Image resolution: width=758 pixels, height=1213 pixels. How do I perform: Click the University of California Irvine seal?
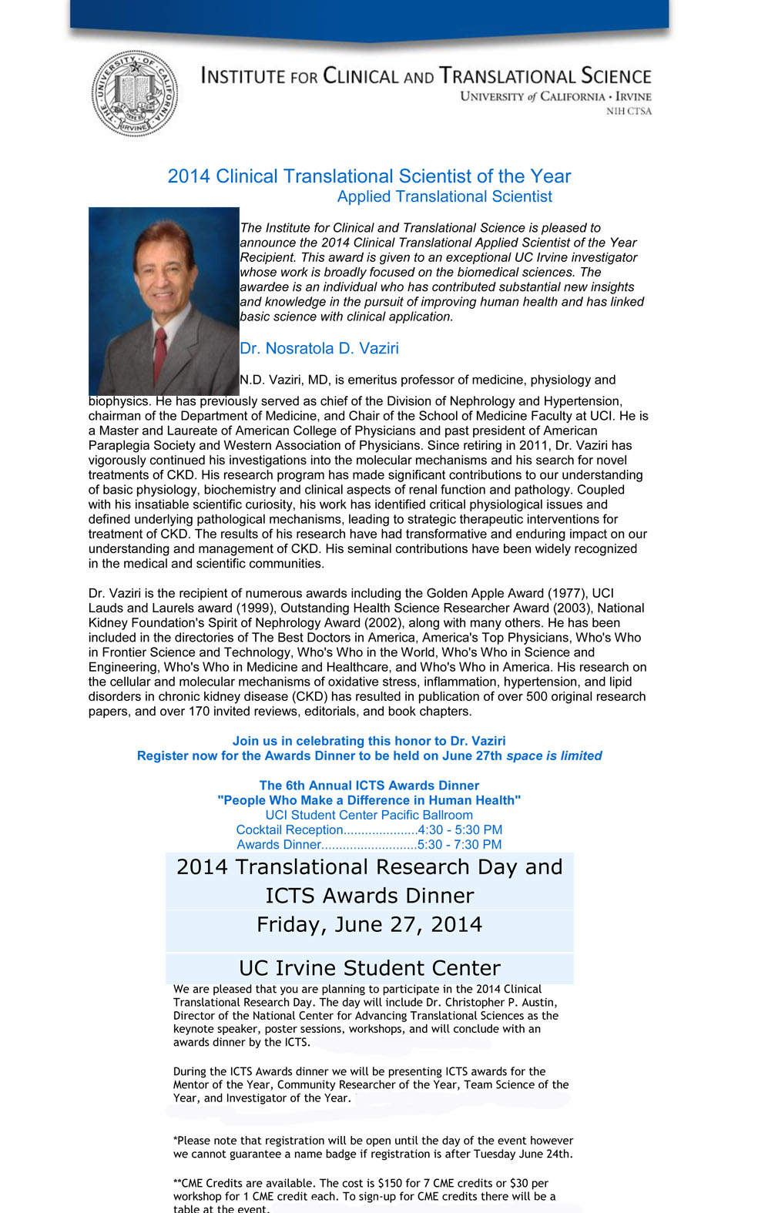pyautogui.click(x=135, y=94)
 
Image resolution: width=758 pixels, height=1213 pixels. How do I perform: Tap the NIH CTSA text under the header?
pyautogui.click(x=629, y=112)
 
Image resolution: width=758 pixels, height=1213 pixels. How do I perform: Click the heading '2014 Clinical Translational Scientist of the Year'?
pyautogui.click(x=369, y=176)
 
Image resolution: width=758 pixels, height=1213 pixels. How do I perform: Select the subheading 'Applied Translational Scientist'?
pyautogui.click(x=444, y=196)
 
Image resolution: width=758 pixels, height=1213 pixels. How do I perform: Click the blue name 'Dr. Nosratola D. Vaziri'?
pyautogui.click(x=319, y=348)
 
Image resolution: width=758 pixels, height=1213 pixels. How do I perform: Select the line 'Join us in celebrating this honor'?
pyautogui.click(x=369, y=741)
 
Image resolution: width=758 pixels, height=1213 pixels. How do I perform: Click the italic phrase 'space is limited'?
pyautogui.click(x=554, y=756)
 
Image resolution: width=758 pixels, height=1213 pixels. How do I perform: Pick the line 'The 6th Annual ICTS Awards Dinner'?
pyautogui.click(x=369, y=786)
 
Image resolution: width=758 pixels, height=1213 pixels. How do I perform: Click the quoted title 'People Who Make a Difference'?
pyautogui.click(x=369, y=800)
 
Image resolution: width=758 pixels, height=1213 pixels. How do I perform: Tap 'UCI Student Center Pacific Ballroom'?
pyautogui.click(x=369, y=815)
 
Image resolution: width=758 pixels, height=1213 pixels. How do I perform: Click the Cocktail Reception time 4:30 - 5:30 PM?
pyautogui.click(x=460, y=829)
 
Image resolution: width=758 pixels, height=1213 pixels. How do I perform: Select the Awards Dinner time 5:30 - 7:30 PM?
pyautogui.click(x=459, y=844)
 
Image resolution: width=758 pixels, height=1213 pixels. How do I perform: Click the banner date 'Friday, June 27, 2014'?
pyautogui.click(x=369, y=924)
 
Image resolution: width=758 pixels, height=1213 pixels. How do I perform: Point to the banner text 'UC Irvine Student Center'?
pyautogui.click(x=369, y=968)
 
